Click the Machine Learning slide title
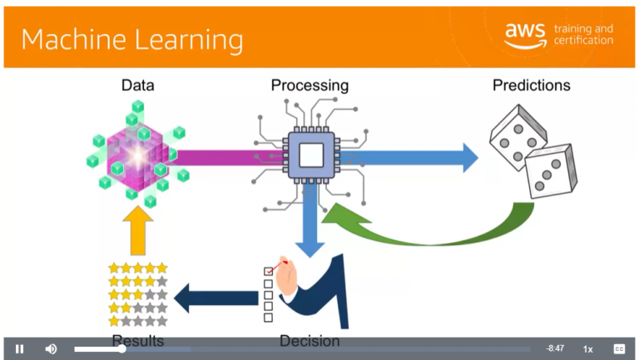[x=132, y=40]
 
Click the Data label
[x=137, y=85]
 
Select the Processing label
[x=310, y=85]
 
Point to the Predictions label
[x=532, y=85]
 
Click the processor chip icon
[x=310, y=155]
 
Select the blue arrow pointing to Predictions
[x=416, y=156]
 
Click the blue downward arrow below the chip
[x=310, y=220]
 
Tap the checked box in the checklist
[x=268, y=271]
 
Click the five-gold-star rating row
[x=138, y=269]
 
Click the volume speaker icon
[x=51, y=349]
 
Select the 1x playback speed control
[x=587, y=349]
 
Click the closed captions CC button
[x=619, y=349]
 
